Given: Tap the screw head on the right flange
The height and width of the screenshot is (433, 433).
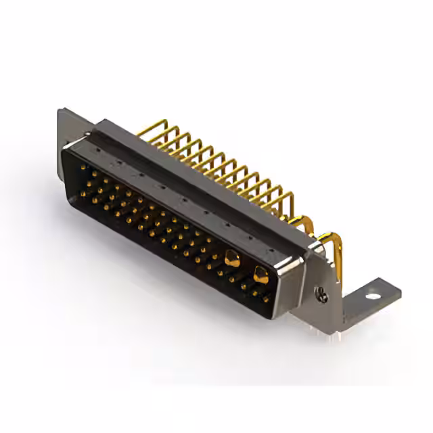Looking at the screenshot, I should point(323,294).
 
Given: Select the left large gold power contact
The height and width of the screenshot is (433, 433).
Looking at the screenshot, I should point(231,257).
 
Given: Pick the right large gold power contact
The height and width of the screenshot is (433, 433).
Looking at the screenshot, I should point(260,273).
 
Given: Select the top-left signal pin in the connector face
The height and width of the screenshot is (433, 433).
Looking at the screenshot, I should point(84,167).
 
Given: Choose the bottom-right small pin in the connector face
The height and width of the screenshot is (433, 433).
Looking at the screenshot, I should point(266,298).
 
